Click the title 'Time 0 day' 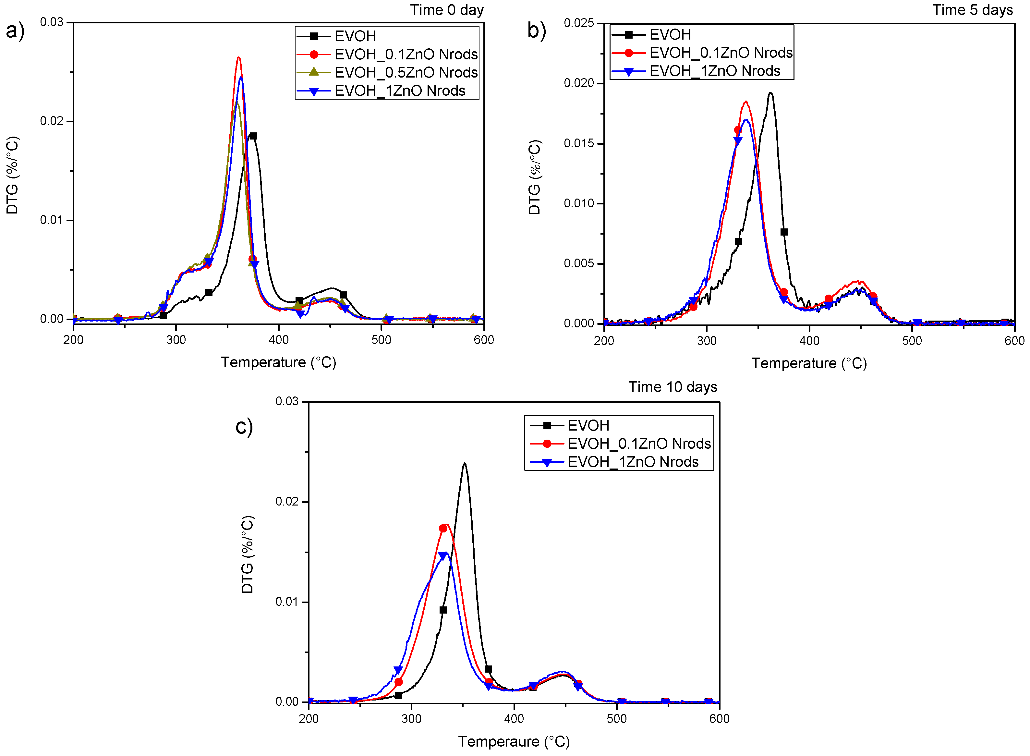pyautogui.click(x=447, y=10)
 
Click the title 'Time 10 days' pyautogui.click(x=672, y=387)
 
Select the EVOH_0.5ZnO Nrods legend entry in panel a pyautogui.click(x=406, y=72)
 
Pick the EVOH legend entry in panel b pyautogui.click(x=670, y=35)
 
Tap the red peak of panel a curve pyautogui.click(x=238, y=58)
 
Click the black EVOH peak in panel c pyautogui.click(x=465, y=464)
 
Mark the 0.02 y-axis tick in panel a pyautogui.click(x=51, y=121)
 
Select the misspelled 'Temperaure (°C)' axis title pyautogui.click(x=514, y=742)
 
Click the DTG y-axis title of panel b pyautogui.click(x=534, y=177)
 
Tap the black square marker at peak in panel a pyautogui.click(x=253, y=136)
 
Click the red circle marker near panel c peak pyautogui.click(x=443, y=529)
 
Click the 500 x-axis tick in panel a pyautogui.click(x=381, y=340)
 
